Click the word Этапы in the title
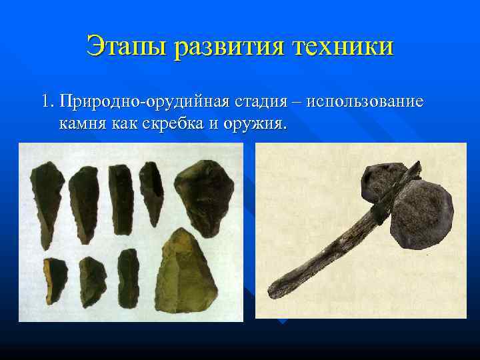pos(126,47)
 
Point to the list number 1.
pos(46,102)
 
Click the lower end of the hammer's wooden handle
pos(277,290)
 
